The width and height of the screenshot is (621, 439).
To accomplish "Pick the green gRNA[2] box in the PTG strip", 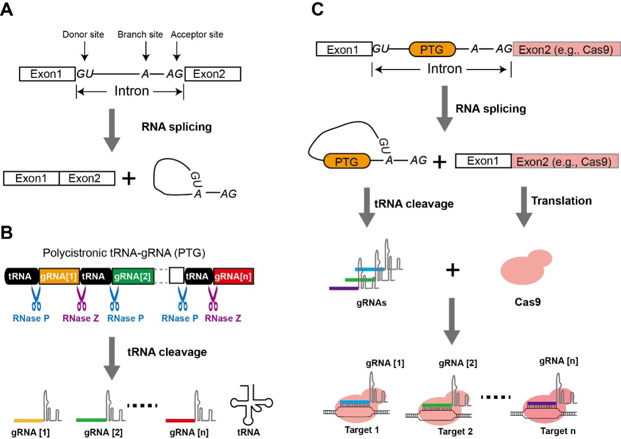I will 133,276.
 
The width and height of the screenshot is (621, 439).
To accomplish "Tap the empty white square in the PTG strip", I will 176,276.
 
